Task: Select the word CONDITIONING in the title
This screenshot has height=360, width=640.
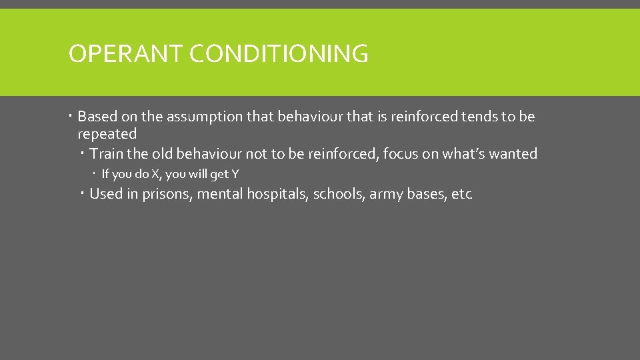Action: [279, 53]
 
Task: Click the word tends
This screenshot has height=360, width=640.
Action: [479, 117]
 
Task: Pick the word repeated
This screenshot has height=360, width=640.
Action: [107, 134]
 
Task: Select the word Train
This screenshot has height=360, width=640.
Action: [107, 154]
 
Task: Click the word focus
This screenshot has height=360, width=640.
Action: [400, 154]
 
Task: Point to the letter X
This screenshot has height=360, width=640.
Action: [155, 175]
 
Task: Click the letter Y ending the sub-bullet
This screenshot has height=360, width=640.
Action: [234, 175]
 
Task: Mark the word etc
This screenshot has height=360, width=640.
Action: [462, 195]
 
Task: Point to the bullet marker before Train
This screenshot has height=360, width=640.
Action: [83, 154]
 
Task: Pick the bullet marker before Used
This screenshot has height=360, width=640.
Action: [83, 194]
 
